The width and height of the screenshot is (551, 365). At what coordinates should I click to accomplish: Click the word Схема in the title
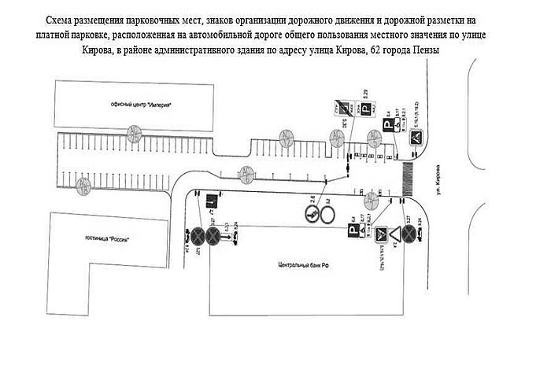click(63, 17)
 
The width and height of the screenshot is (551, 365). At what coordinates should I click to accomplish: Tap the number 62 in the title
click(380, 50)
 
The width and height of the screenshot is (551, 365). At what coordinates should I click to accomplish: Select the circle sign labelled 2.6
click(312, 212)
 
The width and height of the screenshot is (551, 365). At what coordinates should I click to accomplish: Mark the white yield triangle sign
click(381, 234)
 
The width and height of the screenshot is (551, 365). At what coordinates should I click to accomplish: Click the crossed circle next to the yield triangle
click(409, 234)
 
